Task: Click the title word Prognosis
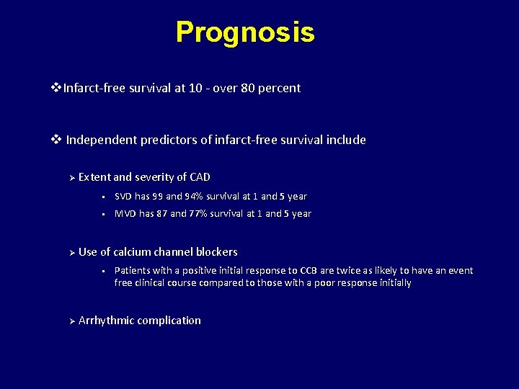[245, 32]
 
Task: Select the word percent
[279, 88]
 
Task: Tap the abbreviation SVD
[124, 196]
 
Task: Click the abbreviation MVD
[125, 213]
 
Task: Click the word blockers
[216, 251]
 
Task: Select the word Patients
[132, 271]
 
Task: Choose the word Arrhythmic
[106, 320]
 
